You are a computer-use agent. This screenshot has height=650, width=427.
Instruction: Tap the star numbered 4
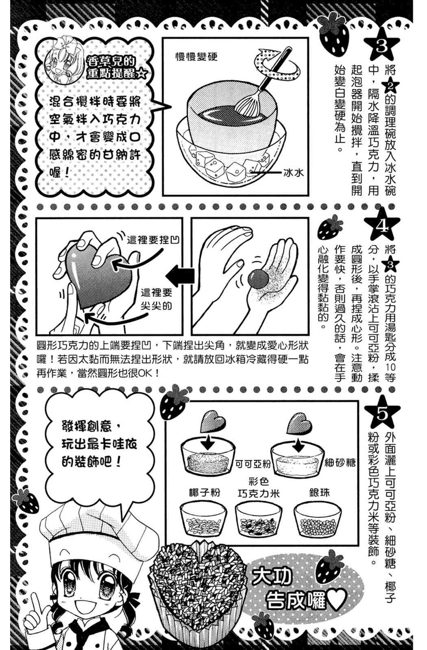(381, 226)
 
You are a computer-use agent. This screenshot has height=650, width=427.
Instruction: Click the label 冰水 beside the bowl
(293, 173)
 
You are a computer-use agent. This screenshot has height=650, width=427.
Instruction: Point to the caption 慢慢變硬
(196, 57)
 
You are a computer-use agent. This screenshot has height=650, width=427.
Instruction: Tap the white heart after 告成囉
(337, 600)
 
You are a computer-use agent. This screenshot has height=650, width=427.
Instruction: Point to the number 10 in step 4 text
(391, 367)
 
